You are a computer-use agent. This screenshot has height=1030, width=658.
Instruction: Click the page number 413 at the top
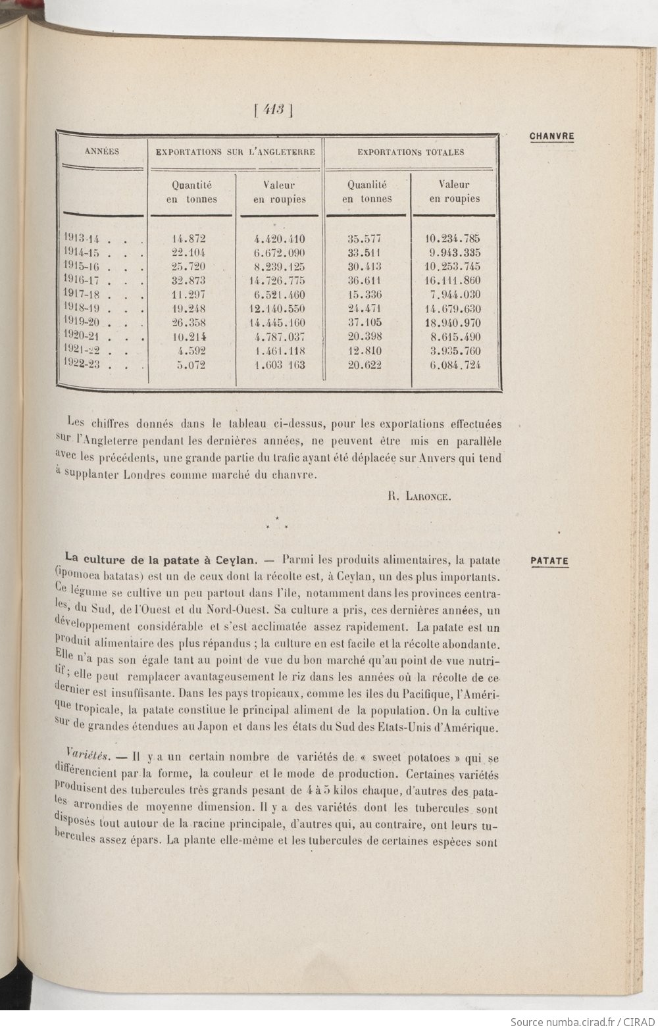[x=272, y=110]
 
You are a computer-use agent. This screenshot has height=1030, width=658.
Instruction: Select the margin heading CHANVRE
[x=551, y=137]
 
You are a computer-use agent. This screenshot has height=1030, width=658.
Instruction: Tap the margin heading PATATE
[x=549, y=561]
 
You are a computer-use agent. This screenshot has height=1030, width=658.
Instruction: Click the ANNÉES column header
[x=102, y=151]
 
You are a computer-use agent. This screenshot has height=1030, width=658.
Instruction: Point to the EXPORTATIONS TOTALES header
[x=411, y=152]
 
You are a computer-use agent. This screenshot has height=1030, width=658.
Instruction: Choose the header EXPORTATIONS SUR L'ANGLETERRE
[x=235, y=152]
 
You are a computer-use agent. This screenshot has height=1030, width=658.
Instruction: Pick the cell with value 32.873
[x=189, y=281]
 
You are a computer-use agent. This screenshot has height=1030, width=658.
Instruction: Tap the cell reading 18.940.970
[x=454, y=323]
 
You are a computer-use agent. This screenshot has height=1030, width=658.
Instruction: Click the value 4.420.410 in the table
[x=280, y=239]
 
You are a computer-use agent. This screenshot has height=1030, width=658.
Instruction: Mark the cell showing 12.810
[x=365, y=351]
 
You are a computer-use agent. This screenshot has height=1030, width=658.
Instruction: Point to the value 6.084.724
[x=455, y=365]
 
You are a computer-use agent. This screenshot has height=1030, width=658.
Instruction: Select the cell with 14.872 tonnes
[x=189, y=239]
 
